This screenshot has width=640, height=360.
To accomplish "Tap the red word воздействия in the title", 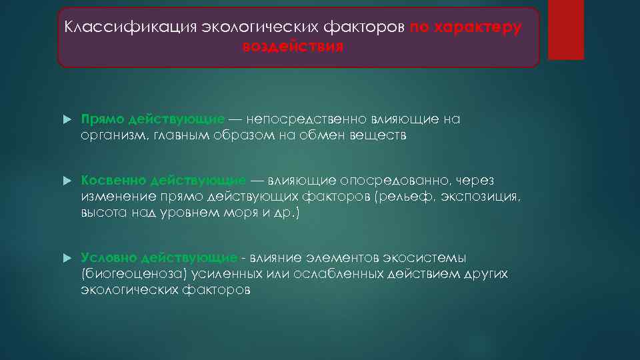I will pos(293,47).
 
